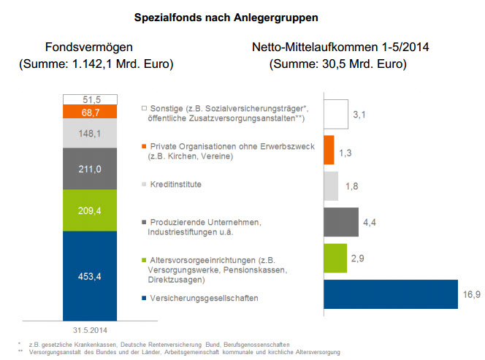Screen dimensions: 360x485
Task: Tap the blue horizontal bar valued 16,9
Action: tap(390, 294)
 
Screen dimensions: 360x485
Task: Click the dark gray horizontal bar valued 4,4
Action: tap(340, 222)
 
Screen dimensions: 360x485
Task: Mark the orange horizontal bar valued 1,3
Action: tap(329, 150)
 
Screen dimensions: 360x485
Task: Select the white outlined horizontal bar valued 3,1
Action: tap(335, 114)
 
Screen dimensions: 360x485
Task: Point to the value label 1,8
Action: tap(352, 187)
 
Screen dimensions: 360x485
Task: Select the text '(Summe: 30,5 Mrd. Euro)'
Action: tap(338, 64)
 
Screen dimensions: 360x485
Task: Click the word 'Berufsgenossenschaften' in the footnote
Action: tap(261, 343)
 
